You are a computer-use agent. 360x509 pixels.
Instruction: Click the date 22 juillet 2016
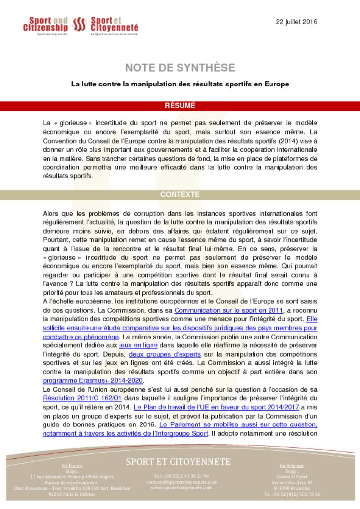(x=296, y=22)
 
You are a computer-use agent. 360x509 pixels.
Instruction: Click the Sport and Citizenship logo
(x=45, y=25)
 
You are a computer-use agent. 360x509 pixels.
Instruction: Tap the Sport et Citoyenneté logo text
(x=114, y=25)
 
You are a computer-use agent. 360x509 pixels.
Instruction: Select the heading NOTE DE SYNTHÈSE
(x=180, y=68)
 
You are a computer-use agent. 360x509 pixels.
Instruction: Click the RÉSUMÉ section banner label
(x=180, y=105)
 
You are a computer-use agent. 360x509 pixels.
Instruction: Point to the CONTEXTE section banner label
(x=180, y=194)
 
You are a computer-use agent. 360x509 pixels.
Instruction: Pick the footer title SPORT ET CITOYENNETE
(x=178, y=462)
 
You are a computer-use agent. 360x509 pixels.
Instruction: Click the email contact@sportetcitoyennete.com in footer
(x=178, y=482)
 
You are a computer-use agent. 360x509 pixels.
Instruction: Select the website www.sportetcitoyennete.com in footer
(x=178, y=488)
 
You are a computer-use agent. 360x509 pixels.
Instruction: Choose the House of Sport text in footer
(x=292, y=476)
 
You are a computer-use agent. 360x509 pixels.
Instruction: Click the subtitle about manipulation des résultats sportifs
(x=180, y=84)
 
